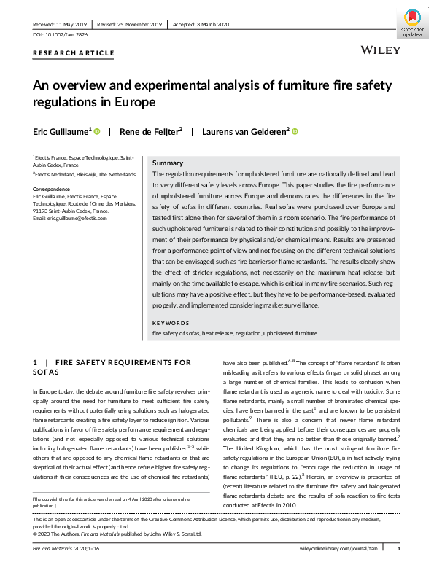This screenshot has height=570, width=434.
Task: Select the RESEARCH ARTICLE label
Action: coord(73,53)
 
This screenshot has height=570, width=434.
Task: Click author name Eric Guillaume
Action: coord(61,131)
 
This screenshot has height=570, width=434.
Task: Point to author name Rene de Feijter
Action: coord(150,131)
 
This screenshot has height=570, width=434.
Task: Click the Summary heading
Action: coord(168,163)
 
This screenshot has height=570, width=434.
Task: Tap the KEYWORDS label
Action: coord(170,323)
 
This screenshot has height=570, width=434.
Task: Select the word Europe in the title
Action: coord(136,102)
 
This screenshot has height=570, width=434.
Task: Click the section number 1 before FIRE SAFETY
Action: coord(35,362)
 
